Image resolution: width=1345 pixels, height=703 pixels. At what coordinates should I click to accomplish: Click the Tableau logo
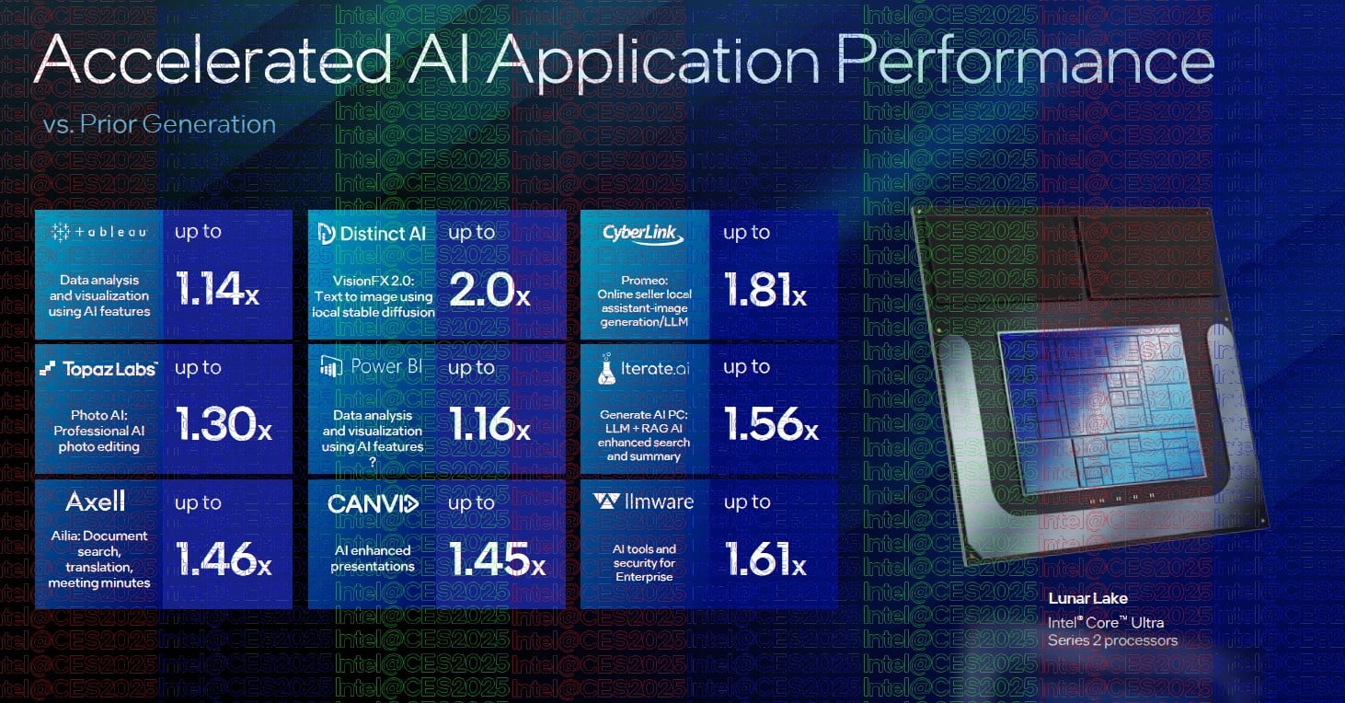[99, 232]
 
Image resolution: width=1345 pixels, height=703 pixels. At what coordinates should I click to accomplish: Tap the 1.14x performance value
[217, 289]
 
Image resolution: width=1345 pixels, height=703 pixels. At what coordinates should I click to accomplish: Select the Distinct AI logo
[372, 234]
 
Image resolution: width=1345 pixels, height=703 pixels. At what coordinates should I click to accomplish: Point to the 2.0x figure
[489, 289]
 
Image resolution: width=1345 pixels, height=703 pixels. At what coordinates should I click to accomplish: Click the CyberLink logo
[643, 234]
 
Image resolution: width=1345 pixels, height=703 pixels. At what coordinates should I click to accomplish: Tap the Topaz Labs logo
[98, 369]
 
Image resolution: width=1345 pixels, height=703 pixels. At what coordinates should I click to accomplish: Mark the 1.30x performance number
[224, 424]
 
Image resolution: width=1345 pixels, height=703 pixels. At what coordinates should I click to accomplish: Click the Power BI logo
[372, 366]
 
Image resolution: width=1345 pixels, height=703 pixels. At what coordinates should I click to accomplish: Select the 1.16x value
[489, 424]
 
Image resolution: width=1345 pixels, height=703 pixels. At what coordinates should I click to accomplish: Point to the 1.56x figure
[772, 424]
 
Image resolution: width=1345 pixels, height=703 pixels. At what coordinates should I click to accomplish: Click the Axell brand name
[96, 501]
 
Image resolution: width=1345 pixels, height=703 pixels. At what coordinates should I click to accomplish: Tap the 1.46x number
[224, 559]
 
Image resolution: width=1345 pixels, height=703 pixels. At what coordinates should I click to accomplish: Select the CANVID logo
[373, 503]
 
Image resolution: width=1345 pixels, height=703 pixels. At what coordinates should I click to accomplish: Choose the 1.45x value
[497, 559]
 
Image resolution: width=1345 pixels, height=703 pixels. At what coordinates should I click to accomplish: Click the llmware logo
[643, 501]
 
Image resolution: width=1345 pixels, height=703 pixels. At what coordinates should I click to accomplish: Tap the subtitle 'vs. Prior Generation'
[159, 124]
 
